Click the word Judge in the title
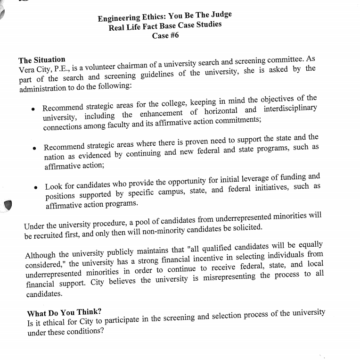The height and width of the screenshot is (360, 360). (220, 15)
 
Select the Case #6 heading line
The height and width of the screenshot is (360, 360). (165, 35)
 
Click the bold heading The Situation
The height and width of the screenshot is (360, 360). (42, 60)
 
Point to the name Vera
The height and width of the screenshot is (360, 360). (27, 70)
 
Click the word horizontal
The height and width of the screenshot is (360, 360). (223, 111)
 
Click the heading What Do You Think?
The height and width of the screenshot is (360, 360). (64, 313)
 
